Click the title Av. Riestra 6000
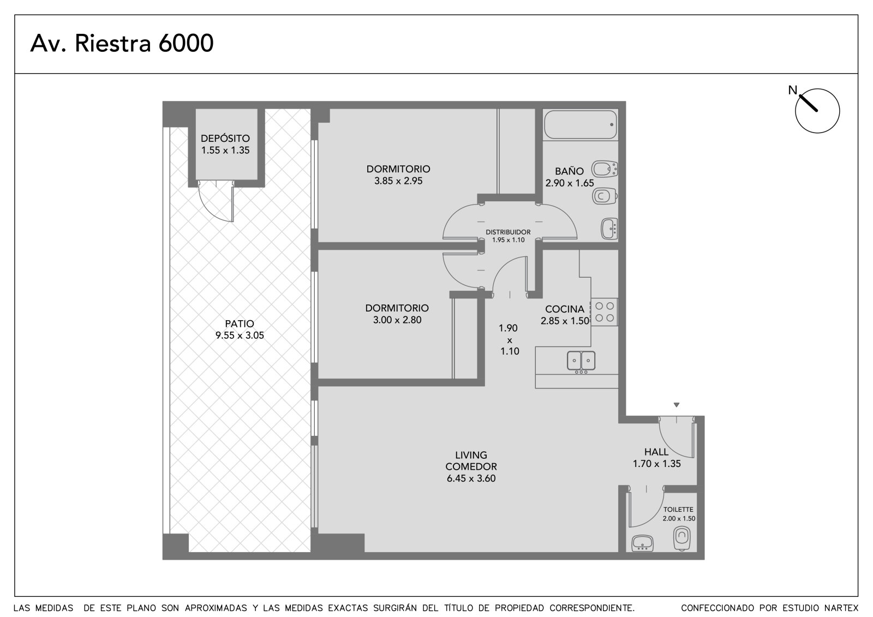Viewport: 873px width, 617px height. coord(122,43)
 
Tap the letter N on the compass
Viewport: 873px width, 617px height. coord(792,90)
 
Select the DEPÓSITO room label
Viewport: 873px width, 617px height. coord(225,139)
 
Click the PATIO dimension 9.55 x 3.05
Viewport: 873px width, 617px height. coord(240,335)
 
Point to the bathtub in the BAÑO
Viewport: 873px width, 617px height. coord(581,125)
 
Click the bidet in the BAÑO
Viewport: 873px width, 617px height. coord(605,169)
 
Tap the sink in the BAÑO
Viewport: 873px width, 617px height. coord(609,229)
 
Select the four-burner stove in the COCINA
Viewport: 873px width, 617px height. coord(605,312)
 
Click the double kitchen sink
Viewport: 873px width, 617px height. coord(581,361)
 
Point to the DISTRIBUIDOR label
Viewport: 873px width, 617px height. coord(508,232)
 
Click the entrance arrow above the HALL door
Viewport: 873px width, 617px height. coord(677,405)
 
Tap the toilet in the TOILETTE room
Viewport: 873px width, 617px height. coord(681,538)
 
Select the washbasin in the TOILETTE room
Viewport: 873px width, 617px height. coord(642,543)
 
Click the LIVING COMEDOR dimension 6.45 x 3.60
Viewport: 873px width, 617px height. coord(471,478)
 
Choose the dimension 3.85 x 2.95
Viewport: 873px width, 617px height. coord(398,181)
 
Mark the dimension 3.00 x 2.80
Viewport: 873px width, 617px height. coord(397,320)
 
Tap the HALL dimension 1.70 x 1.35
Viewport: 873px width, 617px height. coord(657,464)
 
